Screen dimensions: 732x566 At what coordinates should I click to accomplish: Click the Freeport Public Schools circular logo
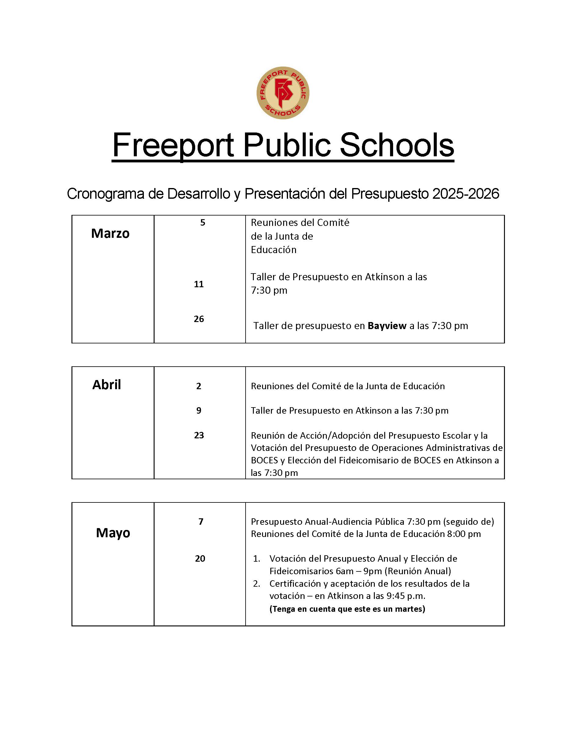pyautogui.click(x=283, y=92)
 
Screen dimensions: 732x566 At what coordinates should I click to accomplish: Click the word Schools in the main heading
pyautogui.click(x=397, y=146)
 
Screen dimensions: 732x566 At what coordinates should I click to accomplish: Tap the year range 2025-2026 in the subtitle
pyautogui.click(x=466, y=194)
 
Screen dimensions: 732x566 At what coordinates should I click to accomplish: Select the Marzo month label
pyautogui.click(x=110, y=233)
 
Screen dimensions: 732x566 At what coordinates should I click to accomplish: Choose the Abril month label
pyautogui.click(x=107, y=384)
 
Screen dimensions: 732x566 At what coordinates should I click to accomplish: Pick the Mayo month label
pyautogui.click(x=113, y=533)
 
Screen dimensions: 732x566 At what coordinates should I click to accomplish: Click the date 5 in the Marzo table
pyautogui.click(x=203, y=223)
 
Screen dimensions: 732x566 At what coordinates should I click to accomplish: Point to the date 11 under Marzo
pyautogui.click(x=199, y=284)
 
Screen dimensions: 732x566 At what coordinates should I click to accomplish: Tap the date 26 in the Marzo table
pyautogui.click(x=199, y=319)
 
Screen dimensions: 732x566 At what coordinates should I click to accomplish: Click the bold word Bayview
pyautogui.click(x=387, y=325)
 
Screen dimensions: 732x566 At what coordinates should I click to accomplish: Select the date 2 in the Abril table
pyautogui.click(x=199, y=386)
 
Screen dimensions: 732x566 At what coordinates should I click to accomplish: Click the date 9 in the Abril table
pyautogui.click(x=199, y=411)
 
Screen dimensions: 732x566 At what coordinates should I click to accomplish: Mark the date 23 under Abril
pyautogui.click(x=199, y=435)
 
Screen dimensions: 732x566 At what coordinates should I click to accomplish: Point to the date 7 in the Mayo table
pyautogui.click(x=201, y=521)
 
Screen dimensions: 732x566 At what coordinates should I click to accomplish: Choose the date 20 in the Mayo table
pyautogui.click(x=200, y=558)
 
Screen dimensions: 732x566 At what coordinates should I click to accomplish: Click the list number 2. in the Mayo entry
pyautogui.click(x=257, y=584)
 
